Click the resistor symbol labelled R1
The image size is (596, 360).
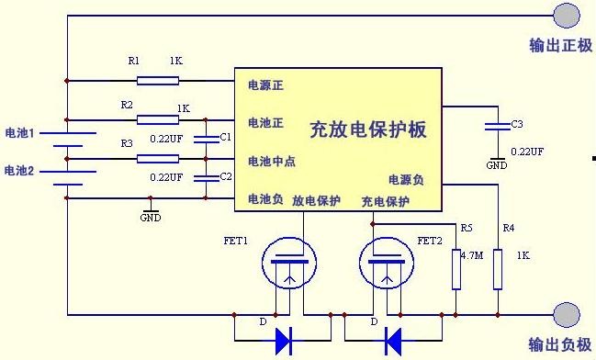(158, 81)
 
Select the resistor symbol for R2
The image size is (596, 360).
(158, 120)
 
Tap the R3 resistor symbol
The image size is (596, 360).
(158, 159)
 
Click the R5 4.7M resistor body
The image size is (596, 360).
(456, 269)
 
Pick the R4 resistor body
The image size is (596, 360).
(498, 269)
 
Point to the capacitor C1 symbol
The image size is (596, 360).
(206, 140)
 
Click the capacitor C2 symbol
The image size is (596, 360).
(206, 178)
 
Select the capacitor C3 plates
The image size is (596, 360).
(498, 127)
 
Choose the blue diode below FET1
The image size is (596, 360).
(284, 341)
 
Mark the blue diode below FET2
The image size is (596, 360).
(393, 341)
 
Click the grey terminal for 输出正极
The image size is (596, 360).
(567, 16)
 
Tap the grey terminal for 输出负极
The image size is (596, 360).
(567, 315)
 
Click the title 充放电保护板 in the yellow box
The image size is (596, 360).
(368, 129)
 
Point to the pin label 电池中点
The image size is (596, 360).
(272, 162)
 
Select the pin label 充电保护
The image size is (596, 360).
(385, 201)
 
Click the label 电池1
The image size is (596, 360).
(20, 132)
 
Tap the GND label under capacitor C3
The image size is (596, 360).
(497, 165)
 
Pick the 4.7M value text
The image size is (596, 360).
(472, 255)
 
